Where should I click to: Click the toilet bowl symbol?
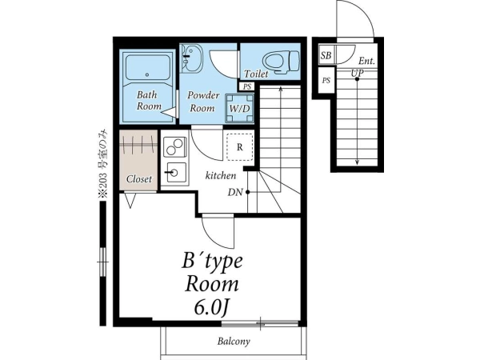pyautogui.click(x=282, y=62)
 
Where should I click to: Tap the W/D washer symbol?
pyautogui.click(x=240, y=108)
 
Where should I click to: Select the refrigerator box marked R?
pyautogui.click(x=240, y=147)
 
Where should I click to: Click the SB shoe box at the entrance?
pyautogui.click(x=326, y=55)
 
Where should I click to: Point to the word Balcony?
pyautogui.click(x=234, y=341)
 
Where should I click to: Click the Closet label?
pyautogui.click(x=139, y=178)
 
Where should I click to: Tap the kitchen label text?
pyautogui.click(x=221, y=175)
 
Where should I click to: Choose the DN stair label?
pyautogui.click(x=235, y=192)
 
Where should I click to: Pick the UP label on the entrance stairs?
pyautogui.click(x=358, y=73)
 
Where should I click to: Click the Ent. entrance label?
pyautogui.click(x=366, y=61)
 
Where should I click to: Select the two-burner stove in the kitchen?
pyautogui.click(x=174, y=147)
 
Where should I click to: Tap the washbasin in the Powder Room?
pyautogui.click(x=192, y=58)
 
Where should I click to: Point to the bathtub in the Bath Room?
pyautogui.click(x=148, y=68)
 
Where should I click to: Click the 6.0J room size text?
pyautogui.click(x=211, y=309)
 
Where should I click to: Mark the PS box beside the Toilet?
pyautogui.click(x=246, y=86)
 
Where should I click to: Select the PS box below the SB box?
pyautogui.click(x=326, y=81)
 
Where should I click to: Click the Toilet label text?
pyautogui.click(x=256, y=74)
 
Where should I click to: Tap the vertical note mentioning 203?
pyautogui.click(x=103, y=163)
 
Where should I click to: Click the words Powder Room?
pyautogui.click(x=203, y=102)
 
